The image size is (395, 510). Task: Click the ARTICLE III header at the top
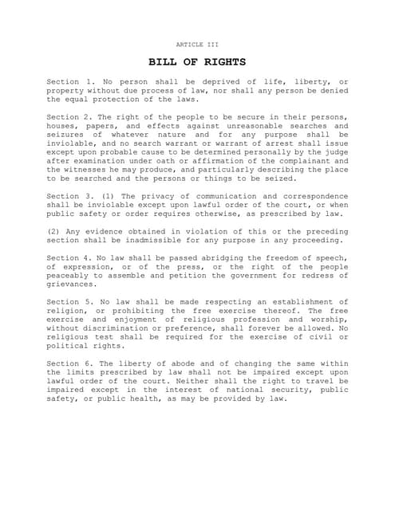point(196,44)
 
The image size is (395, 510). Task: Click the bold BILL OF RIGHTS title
point(196,61)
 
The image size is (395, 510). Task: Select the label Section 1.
point(71,82)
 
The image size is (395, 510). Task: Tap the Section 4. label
point(71,257)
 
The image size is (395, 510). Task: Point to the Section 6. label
point(71,363)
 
